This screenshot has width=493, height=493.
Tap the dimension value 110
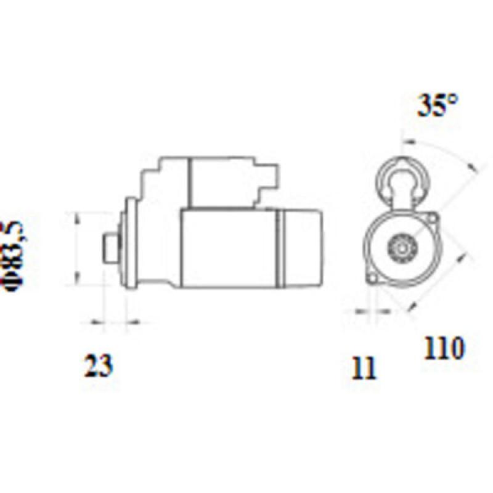click(443, 349)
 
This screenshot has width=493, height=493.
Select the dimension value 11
click(364, 368)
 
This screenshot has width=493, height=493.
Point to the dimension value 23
click(99, 366)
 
